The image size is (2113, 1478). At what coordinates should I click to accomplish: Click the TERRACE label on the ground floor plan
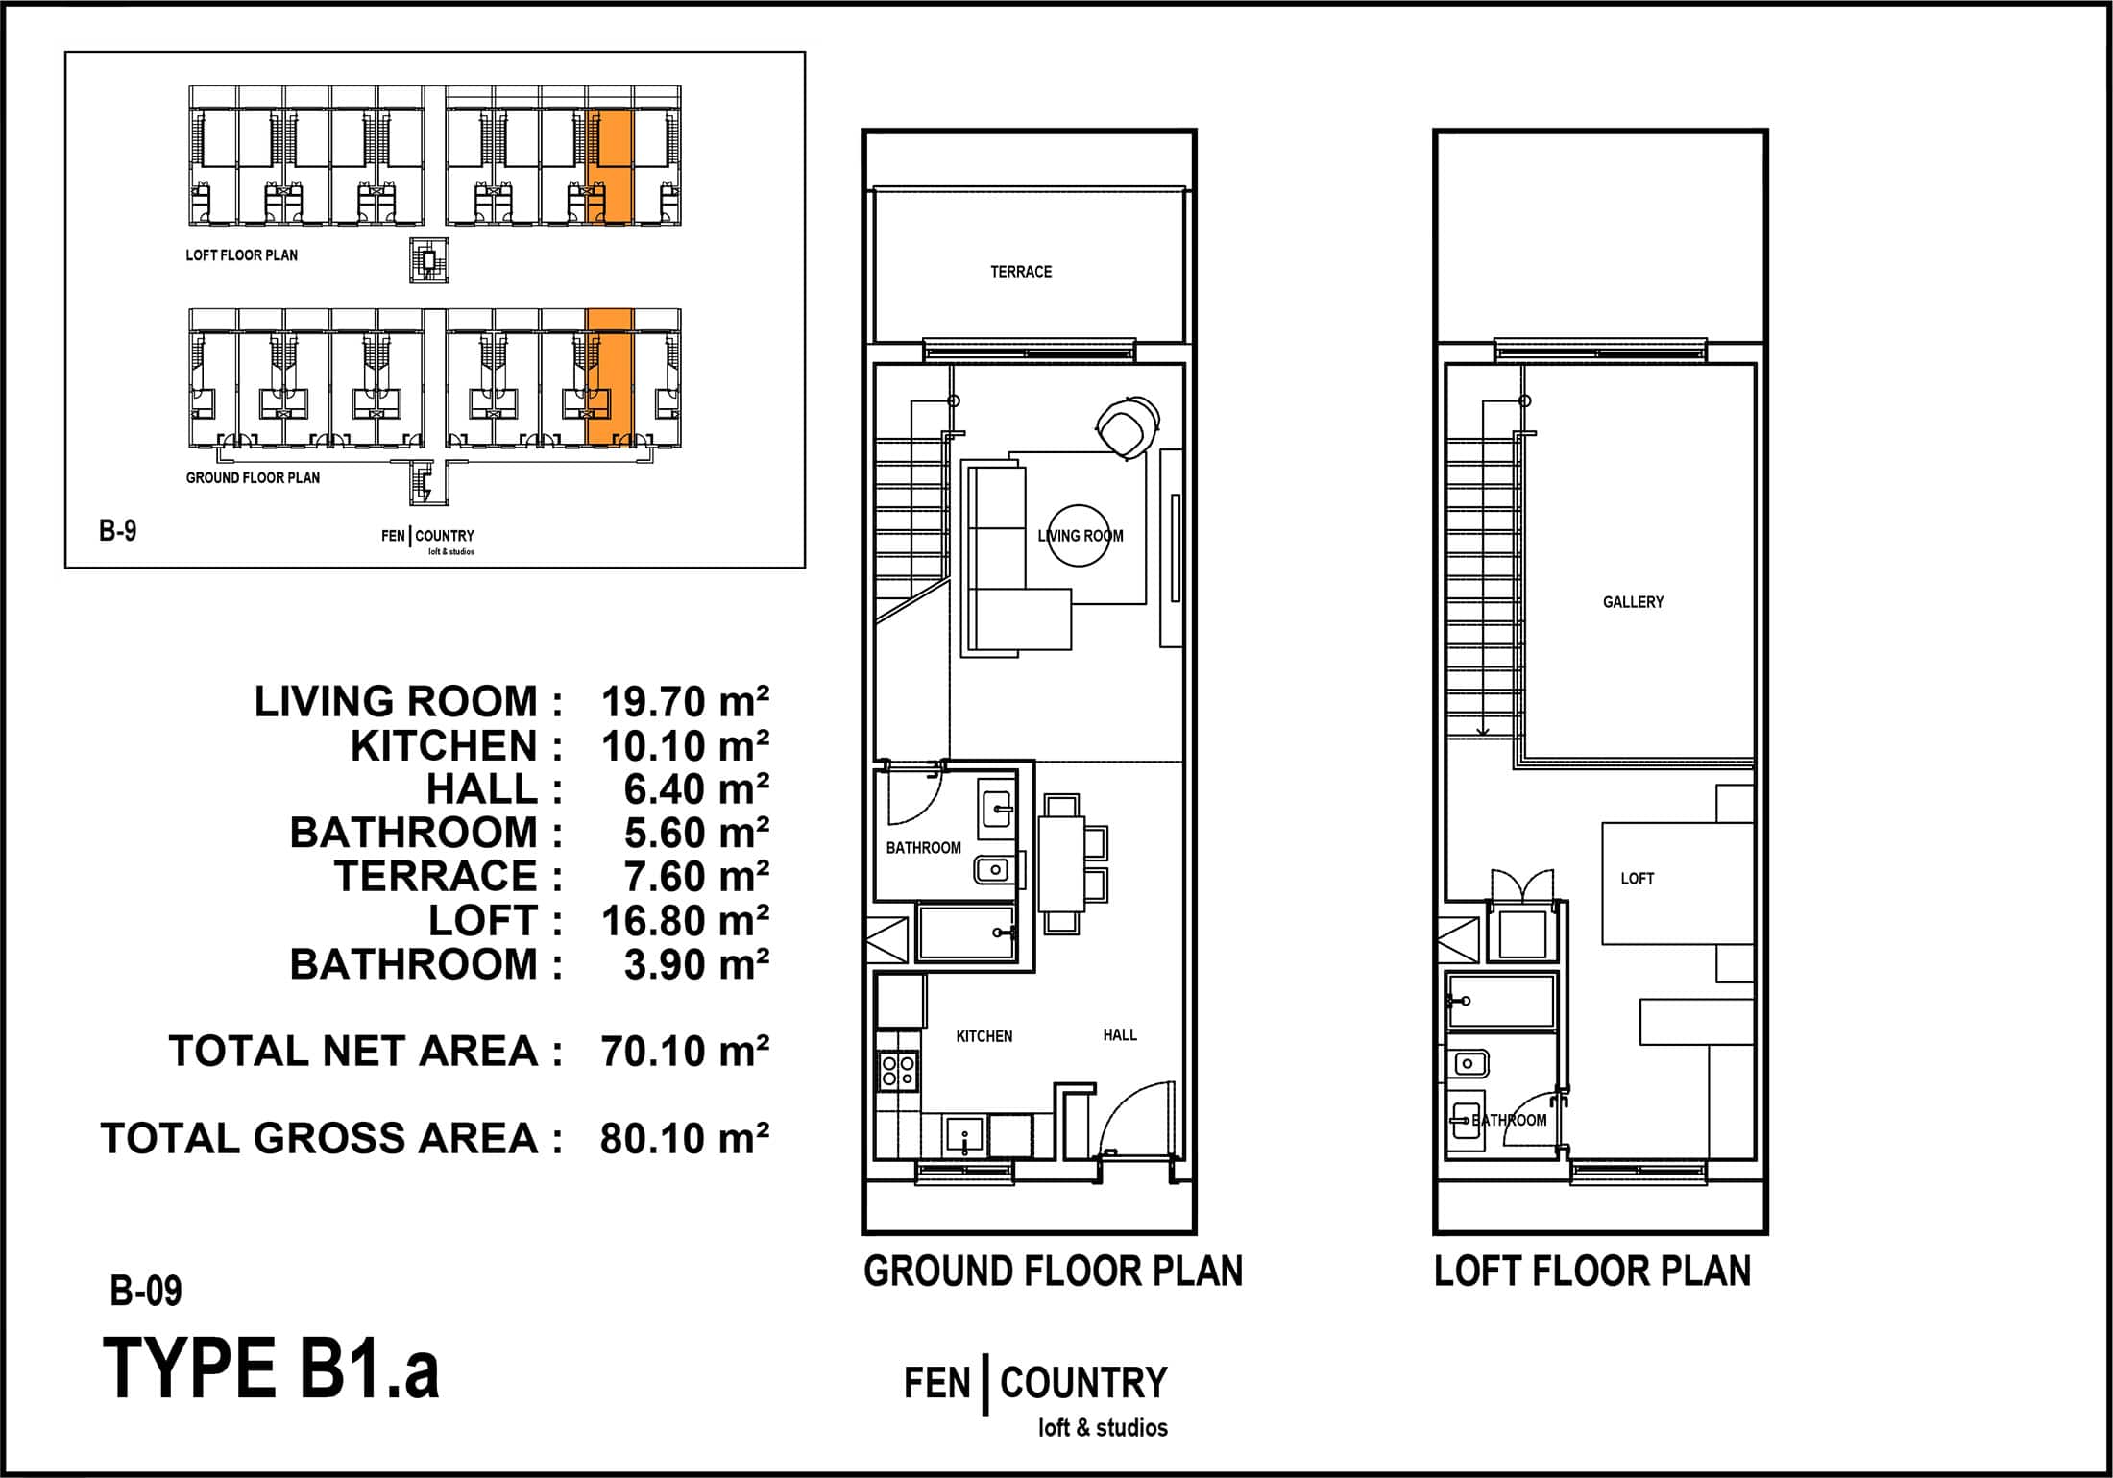(x=1021, y=272)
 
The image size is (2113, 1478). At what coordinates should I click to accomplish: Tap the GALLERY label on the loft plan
(x=1633, y=602)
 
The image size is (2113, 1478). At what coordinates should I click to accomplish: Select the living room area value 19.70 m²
(x=685, y=702)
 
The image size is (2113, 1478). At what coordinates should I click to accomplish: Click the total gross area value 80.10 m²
(x=685, y=1138)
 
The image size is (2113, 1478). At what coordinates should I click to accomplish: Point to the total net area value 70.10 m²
(x=685, y=1052)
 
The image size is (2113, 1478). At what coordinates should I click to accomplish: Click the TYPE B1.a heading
(x=271, y=1369)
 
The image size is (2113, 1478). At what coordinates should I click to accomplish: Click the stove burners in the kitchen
(x=898, y=1070)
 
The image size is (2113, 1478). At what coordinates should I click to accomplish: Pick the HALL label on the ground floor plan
(x=1120, y=1034)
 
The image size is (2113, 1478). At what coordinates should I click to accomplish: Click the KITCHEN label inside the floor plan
(x=984, y=1036)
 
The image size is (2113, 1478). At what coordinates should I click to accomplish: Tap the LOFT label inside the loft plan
(x=1638, y=879)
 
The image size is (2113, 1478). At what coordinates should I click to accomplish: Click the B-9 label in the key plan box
(x=118, y=530)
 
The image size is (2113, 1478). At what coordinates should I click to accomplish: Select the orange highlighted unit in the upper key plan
(x=609, y=167)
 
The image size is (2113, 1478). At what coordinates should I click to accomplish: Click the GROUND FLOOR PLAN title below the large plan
(x=1054, y=1272)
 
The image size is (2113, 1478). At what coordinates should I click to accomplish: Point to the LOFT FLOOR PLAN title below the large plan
(x=1592, y=1272)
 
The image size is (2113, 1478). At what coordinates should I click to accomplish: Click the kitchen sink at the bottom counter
(x=964, y=1136)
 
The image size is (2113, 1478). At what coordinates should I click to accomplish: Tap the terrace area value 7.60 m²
(x=696, y=877)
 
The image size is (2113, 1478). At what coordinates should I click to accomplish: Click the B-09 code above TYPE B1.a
(x=146, y=1292)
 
